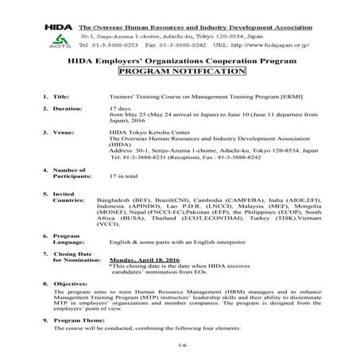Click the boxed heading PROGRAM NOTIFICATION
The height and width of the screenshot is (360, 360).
[181, 71]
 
